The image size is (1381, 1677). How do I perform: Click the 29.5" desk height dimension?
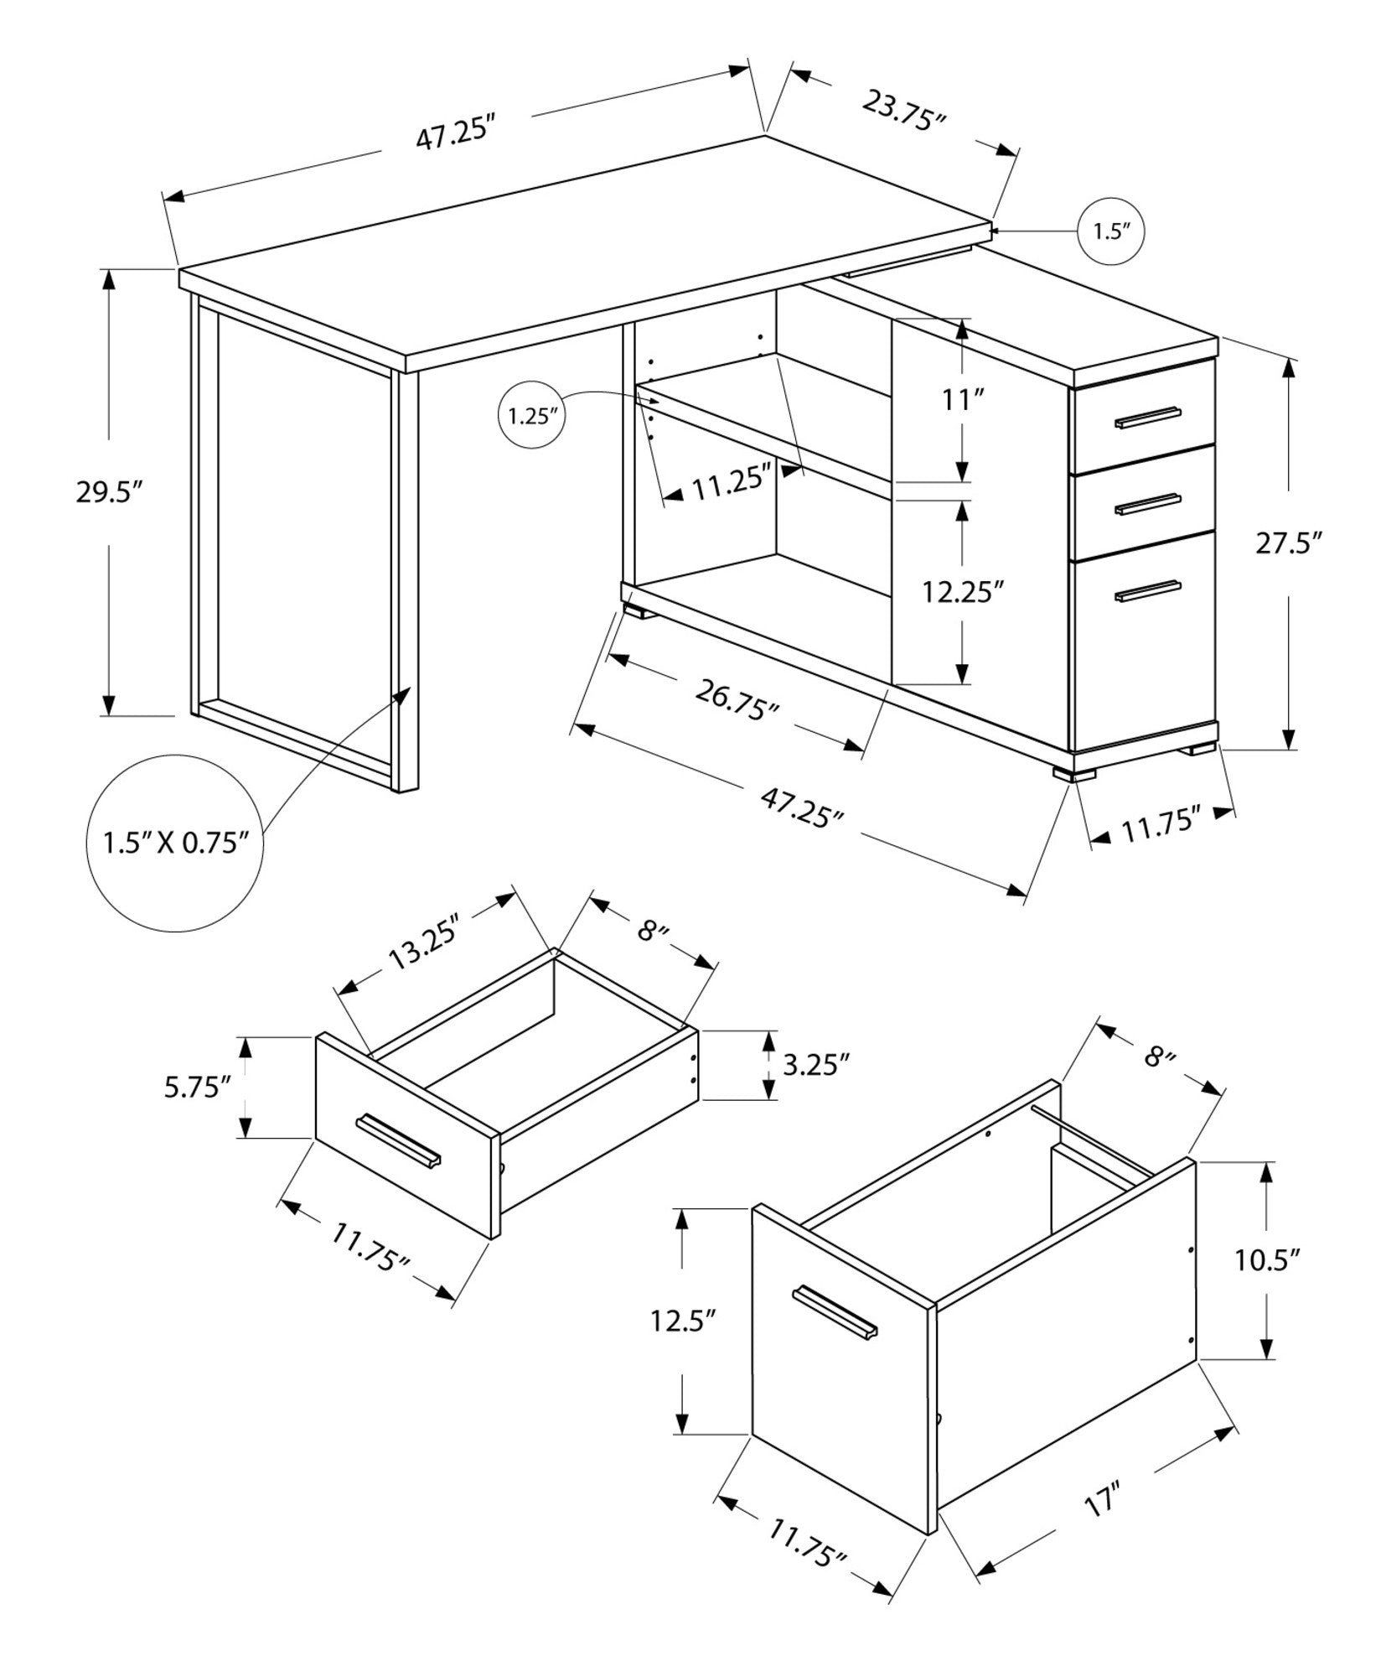click(105, 493)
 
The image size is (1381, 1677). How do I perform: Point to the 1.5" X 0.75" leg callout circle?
click(176, 842)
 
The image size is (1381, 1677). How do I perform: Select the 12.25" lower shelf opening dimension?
click(963, 593)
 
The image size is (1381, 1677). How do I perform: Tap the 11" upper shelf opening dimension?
click(963, 400)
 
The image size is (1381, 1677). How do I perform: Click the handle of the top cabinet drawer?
click(1147, 418)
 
